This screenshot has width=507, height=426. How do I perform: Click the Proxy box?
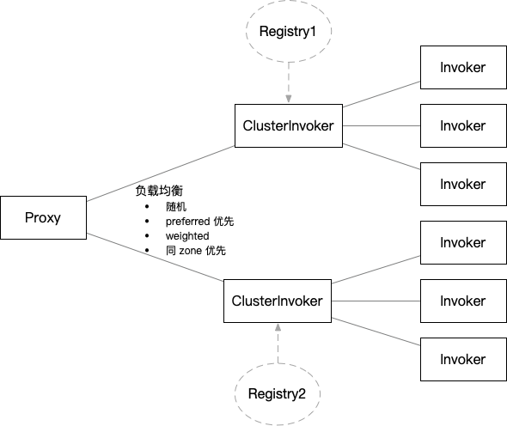click(43, 217)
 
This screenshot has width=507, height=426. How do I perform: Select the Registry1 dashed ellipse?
click(289, 32)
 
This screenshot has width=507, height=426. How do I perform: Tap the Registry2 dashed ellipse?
click(277, 393)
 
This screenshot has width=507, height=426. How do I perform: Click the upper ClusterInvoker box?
click(289, 125)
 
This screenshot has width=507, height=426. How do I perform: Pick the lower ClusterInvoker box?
click(278, 301)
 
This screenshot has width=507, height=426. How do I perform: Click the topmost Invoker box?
click(462, 67)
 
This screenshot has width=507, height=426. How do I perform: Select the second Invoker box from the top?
click(462, 125)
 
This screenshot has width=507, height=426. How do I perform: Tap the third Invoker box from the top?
click(462, 184)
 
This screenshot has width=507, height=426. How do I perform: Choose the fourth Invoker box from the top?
click(462, 242)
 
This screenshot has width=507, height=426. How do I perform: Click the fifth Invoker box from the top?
click(462, 301)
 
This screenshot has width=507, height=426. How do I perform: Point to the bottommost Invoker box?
click(462, 359)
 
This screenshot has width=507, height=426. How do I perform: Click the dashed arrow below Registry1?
click(289, 82)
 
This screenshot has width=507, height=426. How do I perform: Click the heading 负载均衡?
click(159, 190)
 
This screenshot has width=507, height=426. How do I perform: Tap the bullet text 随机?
click(176, 207)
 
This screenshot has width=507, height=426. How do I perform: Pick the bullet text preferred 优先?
click(199, 222)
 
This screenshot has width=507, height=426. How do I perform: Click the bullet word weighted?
click(187, 235)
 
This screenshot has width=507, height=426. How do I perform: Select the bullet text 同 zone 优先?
click(196, 251)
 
